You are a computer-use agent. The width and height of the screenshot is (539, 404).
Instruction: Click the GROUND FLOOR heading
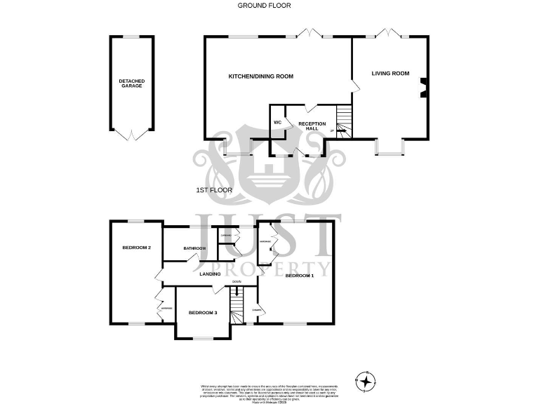point(264,6)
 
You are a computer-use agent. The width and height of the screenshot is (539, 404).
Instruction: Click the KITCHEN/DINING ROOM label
point(260,76)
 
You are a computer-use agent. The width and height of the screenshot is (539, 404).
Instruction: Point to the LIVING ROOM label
point(390,73)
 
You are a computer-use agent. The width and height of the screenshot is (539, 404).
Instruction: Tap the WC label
point(277,123)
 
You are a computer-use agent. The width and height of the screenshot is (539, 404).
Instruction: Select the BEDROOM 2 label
point(137,247)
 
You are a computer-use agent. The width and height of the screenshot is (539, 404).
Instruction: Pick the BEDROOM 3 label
point(202,312)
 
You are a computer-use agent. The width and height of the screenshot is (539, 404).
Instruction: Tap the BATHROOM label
point(194,248)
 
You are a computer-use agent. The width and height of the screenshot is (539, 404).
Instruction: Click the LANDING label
point(211,274)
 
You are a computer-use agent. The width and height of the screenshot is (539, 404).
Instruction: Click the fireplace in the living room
point(423,87)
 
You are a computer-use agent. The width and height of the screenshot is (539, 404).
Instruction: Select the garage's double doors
point(131,135)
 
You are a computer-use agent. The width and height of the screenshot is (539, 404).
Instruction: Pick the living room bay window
point(390,147)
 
